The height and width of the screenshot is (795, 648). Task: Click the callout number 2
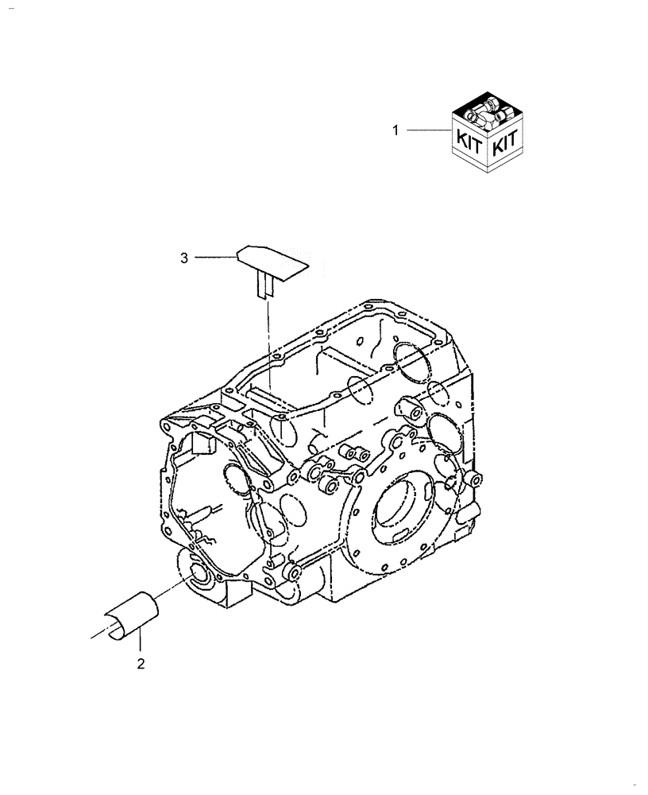(141, 665)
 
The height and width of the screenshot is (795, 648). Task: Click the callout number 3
(184, 257)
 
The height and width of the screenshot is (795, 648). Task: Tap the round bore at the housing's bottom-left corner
(198, 575)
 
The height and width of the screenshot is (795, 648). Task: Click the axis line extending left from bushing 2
(99, 634)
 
